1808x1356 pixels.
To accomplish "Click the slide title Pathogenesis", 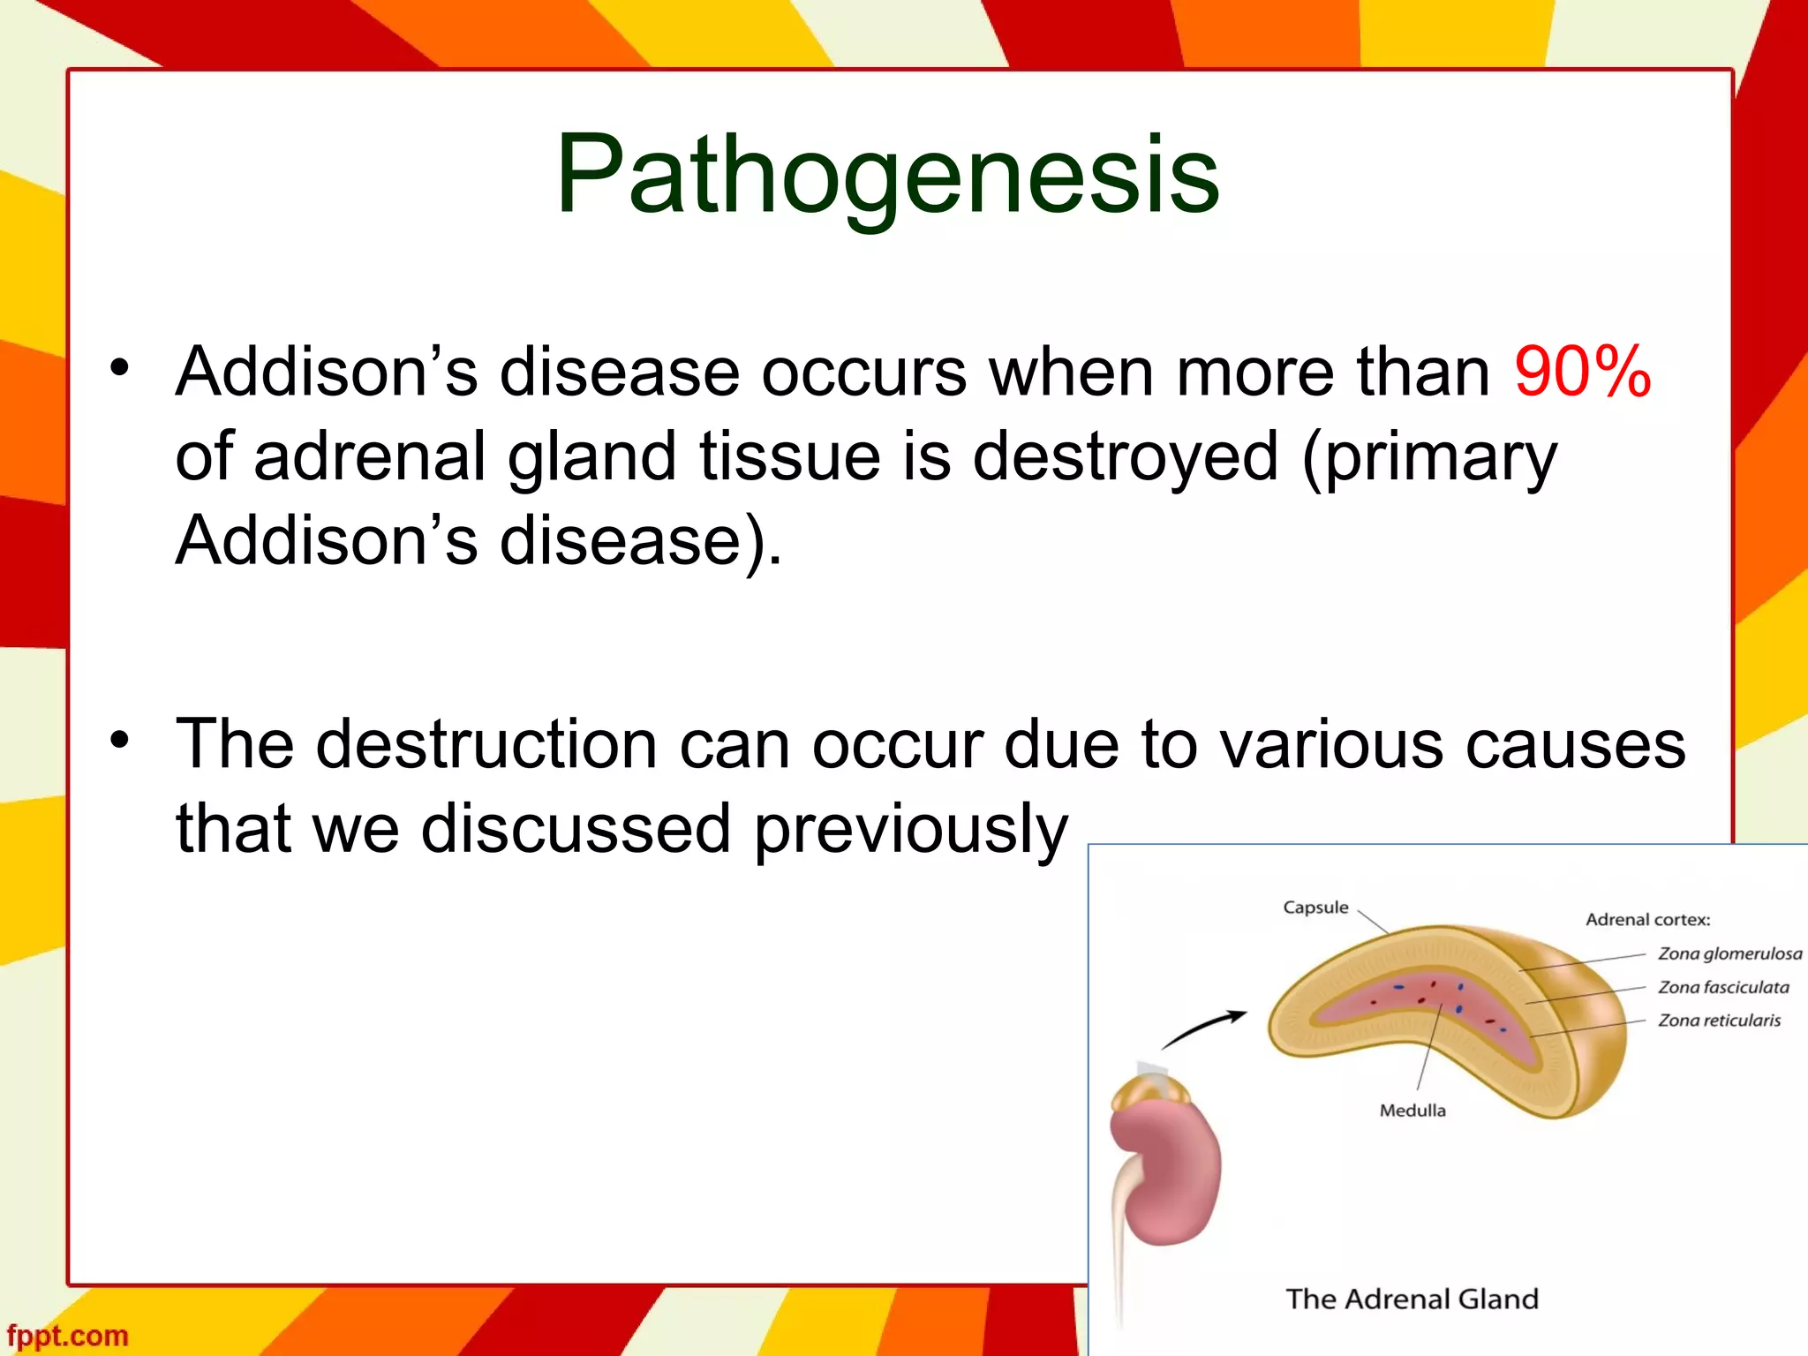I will [887, 174].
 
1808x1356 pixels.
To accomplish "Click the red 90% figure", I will [1582, 373].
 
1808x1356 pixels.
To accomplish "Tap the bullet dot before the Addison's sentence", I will [120, 368].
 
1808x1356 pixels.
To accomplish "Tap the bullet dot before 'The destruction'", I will [120, 741].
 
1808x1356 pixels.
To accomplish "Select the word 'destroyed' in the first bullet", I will [1125, 456].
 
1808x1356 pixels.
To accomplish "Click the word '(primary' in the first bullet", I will [1429, 458].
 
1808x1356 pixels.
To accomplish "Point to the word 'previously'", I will [910, 830].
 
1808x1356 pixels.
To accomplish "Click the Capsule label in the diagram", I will [1315, 908].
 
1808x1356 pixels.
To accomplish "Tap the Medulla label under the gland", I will [1412, 1111].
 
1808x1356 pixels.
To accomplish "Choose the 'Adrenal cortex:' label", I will [1647, 920].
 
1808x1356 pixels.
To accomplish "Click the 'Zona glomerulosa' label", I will [1729, 953].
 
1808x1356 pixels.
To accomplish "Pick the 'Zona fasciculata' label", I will [1723, 987].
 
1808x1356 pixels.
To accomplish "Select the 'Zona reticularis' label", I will [1719, 1021].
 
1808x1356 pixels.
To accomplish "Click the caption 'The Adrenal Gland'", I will [1412, 1299].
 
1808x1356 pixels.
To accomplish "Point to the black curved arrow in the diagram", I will [1202, 1029].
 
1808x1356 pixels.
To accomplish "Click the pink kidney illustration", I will [1167, 1174].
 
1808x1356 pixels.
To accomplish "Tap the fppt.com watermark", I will [68, 1336].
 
